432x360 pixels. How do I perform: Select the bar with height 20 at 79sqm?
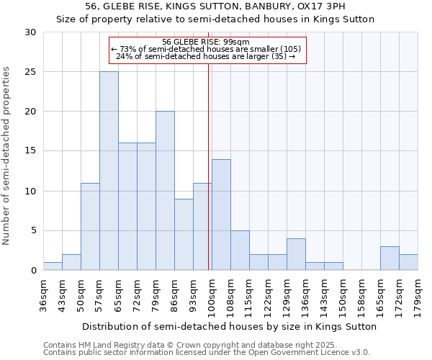[165, 191]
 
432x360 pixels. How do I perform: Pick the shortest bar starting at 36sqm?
[53, 266]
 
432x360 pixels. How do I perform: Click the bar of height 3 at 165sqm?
[390, 258]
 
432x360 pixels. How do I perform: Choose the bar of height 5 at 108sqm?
[240, 251]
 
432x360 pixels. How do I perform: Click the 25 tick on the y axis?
[30, 72]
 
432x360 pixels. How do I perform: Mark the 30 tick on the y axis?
[30, 32]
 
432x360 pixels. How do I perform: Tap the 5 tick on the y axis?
[33, 231]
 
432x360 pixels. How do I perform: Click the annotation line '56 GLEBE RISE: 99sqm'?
[207, 42]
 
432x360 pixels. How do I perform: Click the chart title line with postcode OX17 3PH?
[215, 6]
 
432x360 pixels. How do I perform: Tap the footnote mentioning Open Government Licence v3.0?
[207, 353]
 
